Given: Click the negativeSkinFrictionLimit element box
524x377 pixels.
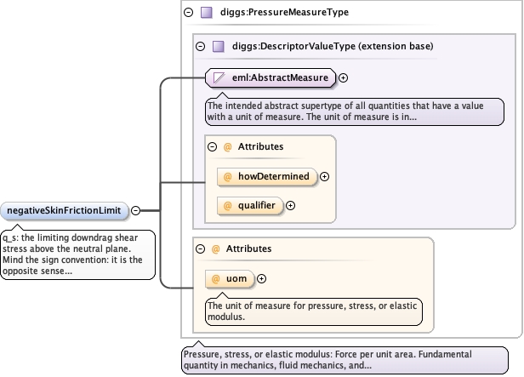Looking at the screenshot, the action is [64, 210].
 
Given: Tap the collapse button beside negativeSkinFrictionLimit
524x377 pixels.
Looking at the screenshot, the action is [136, 210].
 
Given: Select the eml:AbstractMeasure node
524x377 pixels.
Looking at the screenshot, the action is [271, 78].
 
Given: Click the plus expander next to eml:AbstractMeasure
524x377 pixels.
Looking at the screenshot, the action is [343, 78].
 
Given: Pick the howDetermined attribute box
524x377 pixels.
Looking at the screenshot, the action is [267, 176].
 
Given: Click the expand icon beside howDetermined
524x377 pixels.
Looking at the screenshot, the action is [324, 176].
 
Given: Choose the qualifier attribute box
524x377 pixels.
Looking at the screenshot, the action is [250, 206].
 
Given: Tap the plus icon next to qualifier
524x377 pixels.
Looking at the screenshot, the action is [290, 206].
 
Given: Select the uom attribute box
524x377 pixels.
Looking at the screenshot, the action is [230, 279].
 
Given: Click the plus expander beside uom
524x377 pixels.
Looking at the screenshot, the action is [262, 279].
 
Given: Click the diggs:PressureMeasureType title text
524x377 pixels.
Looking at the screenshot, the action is [284, 13].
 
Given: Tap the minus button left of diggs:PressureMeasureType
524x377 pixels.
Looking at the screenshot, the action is [189, 13].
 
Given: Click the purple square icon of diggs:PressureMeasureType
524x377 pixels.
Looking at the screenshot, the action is [207, 13].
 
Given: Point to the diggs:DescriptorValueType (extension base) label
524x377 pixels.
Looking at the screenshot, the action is [333, 46].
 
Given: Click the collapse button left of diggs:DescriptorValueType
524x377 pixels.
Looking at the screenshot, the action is [201, 46].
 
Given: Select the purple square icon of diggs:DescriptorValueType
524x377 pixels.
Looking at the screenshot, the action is [219, 46].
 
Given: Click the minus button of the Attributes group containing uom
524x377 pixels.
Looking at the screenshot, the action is [201, 249].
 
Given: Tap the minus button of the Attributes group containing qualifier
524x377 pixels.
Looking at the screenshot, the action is [213, 146].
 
